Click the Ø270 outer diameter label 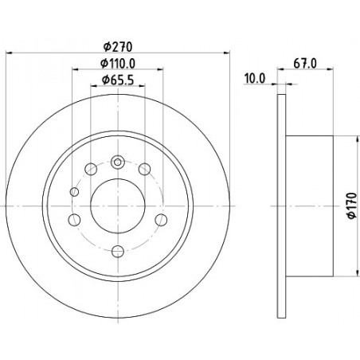pyautogui.click(x=118, y=47)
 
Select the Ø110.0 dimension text pyautogui.click(x=118, y=64)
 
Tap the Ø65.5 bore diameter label pyautogui.click(x=118, y=80)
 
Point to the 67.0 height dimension pyautogui.click(x=305, y=64)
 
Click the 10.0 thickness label pyautogui.click(x=255, y=79)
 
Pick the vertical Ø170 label pyautogui.click(x=352, y=205)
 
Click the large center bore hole pyautogui.click(x=118, y=205)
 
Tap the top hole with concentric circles pyautogui.click(x=118, y=162)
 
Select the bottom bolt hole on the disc pyautogui.click(x=118, y=251)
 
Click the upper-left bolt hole pyautogui.click(x=91, y=169)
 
